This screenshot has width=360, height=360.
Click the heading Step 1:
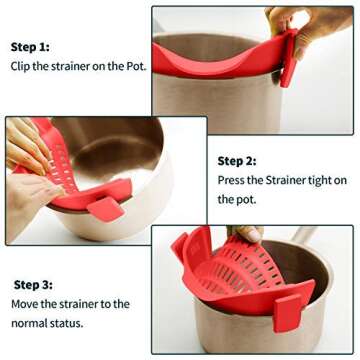[30, 47]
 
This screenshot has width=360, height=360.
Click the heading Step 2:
[237, 160]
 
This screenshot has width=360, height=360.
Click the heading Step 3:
[33, 284]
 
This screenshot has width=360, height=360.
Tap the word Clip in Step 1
[22, 66]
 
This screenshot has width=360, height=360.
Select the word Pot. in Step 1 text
[133, 66]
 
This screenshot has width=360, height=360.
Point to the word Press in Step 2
[233, 180]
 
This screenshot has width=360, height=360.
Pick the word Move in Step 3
[26, 303]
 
